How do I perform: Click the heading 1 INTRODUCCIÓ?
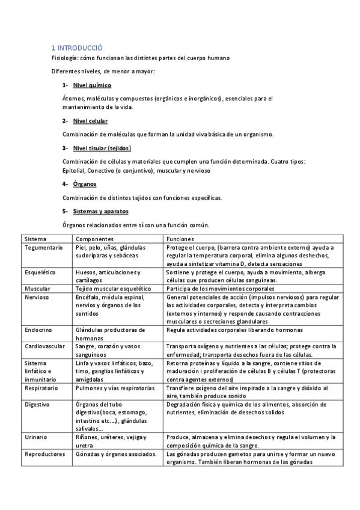77,47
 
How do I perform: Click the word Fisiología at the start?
65,58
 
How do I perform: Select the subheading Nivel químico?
92,85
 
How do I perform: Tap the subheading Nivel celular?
90,121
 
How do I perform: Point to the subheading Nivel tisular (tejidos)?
102,148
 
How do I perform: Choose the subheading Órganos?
85,183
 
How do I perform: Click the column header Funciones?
181,239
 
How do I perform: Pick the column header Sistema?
35,239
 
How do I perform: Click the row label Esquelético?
40,272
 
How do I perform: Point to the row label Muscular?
37,289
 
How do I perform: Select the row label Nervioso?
37,297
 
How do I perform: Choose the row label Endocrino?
38,330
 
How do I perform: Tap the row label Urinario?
36,437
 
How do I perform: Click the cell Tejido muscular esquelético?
112,289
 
